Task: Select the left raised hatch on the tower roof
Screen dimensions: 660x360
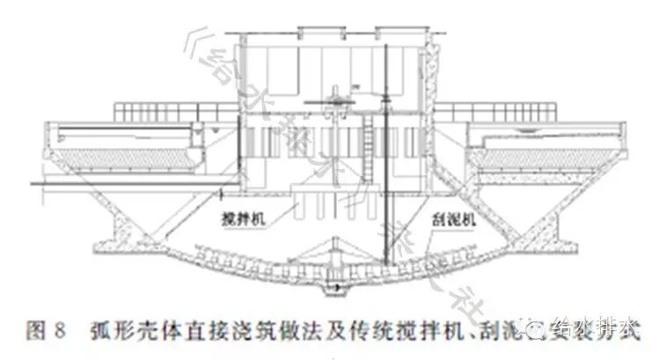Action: [312, 33]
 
